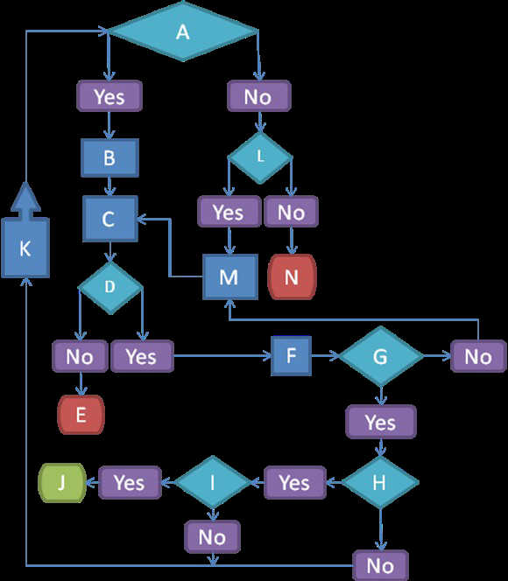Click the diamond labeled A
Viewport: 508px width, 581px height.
[183, 31]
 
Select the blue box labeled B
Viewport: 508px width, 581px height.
[109, 157]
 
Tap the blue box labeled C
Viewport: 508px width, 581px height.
[109, 219]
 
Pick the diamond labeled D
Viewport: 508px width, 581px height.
[109, 287]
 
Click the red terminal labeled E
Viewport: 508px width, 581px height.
[81, 415]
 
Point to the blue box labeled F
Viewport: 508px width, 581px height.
[291, 356]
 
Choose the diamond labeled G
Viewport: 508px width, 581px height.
[381, 356]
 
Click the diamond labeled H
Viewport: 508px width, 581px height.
[380, 482]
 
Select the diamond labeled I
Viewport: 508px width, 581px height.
[213, 482]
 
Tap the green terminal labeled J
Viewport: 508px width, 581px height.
[62, 482]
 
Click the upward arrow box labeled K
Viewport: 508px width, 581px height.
[25, 237]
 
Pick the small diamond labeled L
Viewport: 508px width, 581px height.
[260, 157]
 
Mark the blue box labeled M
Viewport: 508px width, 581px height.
[229, 276]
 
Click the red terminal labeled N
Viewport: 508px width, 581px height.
[292, 276]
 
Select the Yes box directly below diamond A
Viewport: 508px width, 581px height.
[109, 96]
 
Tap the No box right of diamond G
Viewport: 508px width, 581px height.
[478, 356]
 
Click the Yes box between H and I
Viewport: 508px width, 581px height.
[295, 482]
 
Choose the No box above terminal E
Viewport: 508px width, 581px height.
[80, 356]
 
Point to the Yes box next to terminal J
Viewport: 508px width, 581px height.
[130, 482]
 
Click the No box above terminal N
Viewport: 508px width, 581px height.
[291, 212]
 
